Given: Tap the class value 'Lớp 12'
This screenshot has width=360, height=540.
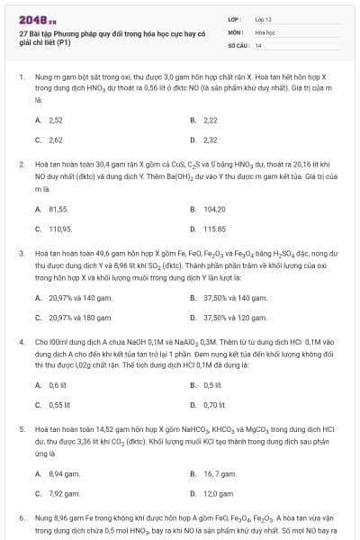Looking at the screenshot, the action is click(264, 18).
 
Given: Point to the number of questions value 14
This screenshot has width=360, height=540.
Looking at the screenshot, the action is click(258, 45).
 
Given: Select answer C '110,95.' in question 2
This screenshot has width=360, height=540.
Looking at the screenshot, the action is click(60, 229).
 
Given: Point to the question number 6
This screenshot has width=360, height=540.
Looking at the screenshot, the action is click(22, 519).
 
